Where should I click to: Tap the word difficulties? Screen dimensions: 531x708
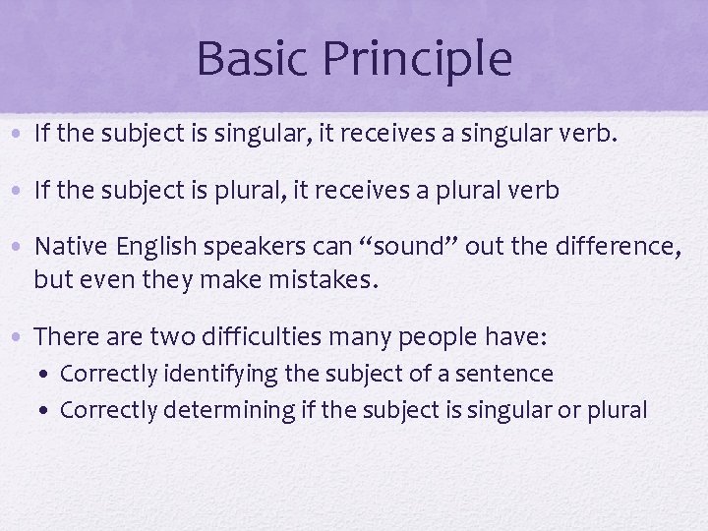coord(260,336)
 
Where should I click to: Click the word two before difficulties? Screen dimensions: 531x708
coord(169,336)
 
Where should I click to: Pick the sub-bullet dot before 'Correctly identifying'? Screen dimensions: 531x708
coord(48,375)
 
